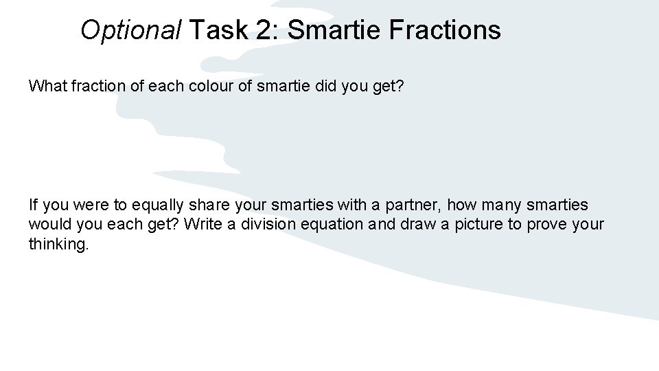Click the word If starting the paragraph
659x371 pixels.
click(x=33, y=205)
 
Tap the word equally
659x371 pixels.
click(x=156, y=205)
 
